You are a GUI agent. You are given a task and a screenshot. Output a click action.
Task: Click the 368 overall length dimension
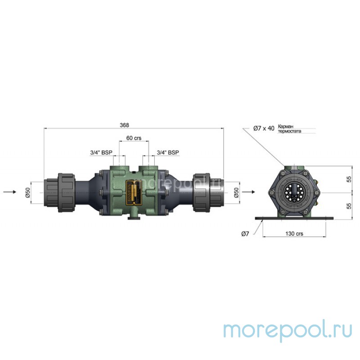pyautogui.click(x=134, y=125)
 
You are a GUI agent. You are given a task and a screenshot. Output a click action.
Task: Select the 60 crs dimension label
pyautogui.click(x=134, y=138)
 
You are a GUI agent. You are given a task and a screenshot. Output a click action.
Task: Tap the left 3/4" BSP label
pyautogui.click(x=101, y=153)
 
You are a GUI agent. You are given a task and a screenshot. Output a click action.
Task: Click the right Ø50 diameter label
pyautogui.click(x=236, y=192)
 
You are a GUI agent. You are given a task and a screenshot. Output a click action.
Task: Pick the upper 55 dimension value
pyautogui.click(x=348, y=179)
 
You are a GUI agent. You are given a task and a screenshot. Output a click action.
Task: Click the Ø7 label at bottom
pyautogui.click(x=245, y=234)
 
